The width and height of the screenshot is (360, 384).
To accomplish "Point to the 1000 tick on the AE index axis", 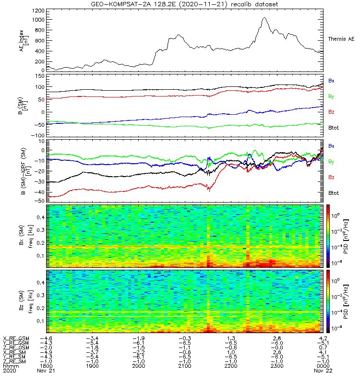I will (x=39, y=20).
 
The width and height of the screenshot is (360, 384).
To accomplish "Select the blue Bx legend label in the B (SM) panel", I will (x=331, y=81).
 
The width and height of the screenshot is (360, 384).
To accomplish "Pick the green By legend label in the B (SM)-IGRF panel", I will (x=331, y=162).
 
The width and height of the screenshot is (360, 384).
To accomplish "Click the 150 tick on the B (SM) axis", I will (x=39, y=75).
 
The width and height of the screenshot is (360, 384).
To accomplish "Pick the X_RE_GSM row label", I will (x=16, y=339).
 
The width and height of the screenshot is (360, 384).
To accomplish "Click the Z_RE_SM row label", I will (x=15, y=361).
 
